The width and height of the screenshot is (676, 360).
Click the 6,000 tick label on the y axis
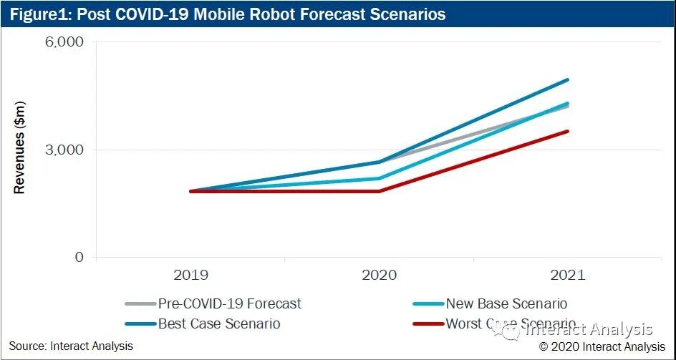(x=64, y=42)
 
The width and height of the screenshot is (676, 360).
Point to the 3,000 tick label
(x=64, y=150)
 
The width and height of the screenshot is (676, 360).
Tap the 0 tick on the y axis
(x=79, y=258)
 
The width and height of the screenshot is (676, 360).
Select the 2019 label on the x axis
(x=190, y=275)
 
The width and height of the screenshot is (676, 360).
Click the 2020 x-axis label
(x=379, y=275)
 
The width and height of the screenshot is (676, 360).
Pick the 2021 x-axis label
(x=568, y=275)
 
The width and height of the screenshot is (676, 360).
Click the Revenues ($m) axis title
(x=20, y=148)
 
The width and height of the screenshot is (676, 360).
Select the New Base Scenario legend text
(x=506, y=304)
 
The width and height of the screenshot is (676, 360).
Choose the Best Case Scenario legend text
(x=219, y=324)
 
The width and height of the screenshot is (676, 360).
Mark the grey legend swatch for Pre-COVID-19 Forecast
(x=140, y=304)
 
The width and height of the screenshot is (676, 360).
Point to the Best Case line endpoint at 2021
(x=568, y=80)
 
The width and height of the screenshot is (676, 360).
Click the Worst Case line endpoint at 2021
(x=568, y=131)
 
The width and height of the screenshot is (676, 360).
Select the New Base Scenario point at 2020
(x=379, y=179)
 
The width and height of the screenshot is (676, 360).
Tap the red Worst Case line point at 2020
(x=379, y=191)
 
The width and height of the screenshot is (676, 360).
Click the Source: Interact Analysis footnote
(x=71, y=346)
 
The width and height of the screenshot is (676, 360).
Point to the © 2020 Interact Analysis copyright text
(x=602, y=346)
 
